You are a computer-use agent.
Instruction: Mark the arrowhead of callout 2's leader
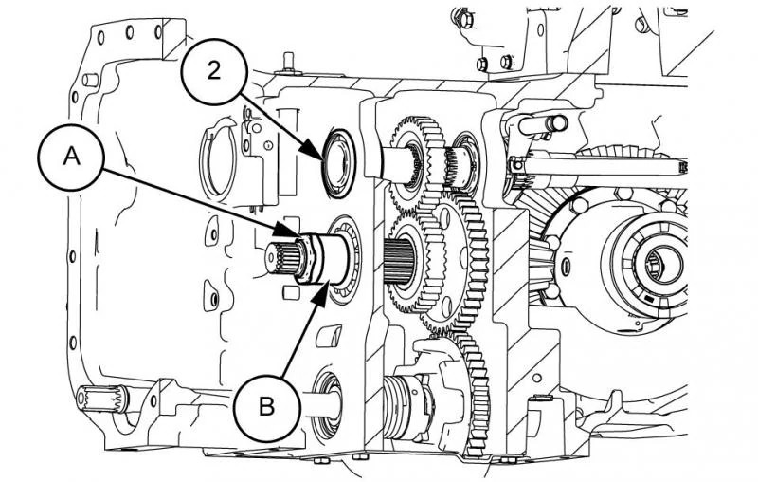tap(329, 153)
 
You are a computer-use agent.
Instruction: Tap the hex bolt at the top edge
tap(463, 16)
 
